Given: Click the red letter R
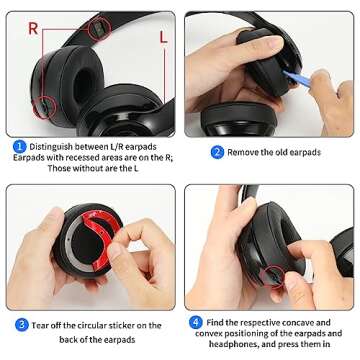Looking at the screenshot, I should pyautogui.click(x=34, y=29).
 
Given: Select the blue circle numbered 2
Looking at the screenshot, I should pyautogui.click(x=217, y=152).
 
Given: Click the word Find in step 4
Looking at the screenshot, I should pyautogui.click(x=218, y=323).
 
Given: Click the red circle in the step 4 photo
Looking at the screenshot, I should pyautogui.click(x=268, y=275).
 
